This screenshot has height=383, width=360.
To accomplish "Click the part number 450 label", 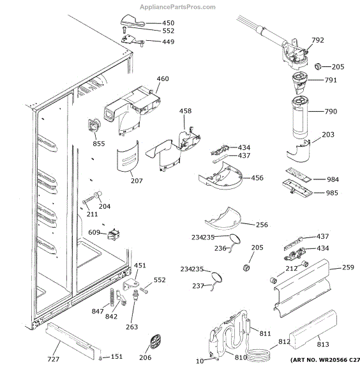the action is click(x=169, y=23).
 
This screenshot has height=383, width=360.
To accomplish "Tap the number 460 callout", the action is click(x=163, y=79).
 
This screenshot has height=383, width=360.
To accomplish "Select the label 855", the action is click(x=99, y=144).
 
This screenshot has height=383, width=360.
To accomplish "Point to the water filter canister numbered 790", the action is click(x=300, y=117).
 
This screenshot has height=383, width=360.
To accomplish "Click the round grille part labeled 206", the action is click(x=155, y=342).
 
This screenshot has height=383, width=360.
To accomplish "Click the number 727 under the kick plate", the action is click(x=53, y=359).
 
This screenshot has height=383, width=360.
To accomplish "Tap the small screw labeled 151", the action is click(x=100, y=358).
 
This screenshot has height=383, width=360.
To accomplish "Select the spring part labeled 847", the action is click(x=112, y=297).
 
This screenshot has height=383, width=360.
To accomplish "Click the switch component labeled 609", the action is click(x=114, y=234).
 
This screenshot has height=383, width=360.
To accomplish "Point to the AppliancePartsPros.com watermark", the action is click(x=177, y=7).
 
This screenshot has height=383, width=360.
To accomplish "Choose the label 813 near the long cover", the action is click(x=323, y=344).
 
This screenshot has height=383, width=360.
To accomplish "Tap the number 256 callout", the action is click(x=262, y=225).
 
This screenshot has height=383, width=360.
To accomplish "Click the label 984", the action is click(x=333, y=179).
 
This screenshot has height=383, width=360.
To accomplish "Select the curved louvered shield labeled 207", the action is click(x=128, y=156).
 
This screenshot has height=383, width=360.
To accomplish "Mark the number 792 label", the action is click(x=318, y=40).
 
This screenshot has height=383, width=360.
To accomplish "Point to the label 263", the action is click(x=132, y=327).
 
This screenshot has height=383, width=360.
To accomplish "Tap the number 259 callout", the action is click(x=348, y=267).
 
